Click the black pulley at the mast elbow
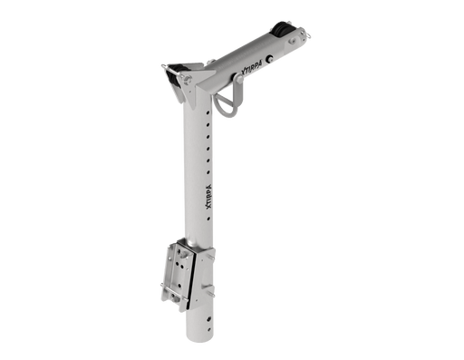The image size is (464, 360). (x=174, y=75)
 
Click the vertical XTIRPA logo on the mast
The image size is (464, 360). (x=208, y=196)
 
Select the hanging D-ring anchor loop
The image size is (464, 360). (x=228, y=102)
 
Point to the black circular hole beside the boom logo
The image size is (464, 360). (x=269, y=59)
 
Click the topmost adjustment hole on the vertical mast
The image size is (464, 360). (x=208, y=112)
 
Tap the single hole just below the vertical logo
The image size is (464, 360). (x=208, y=218)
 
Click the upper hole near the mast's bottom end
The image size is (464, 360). (x=208, y=318)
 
